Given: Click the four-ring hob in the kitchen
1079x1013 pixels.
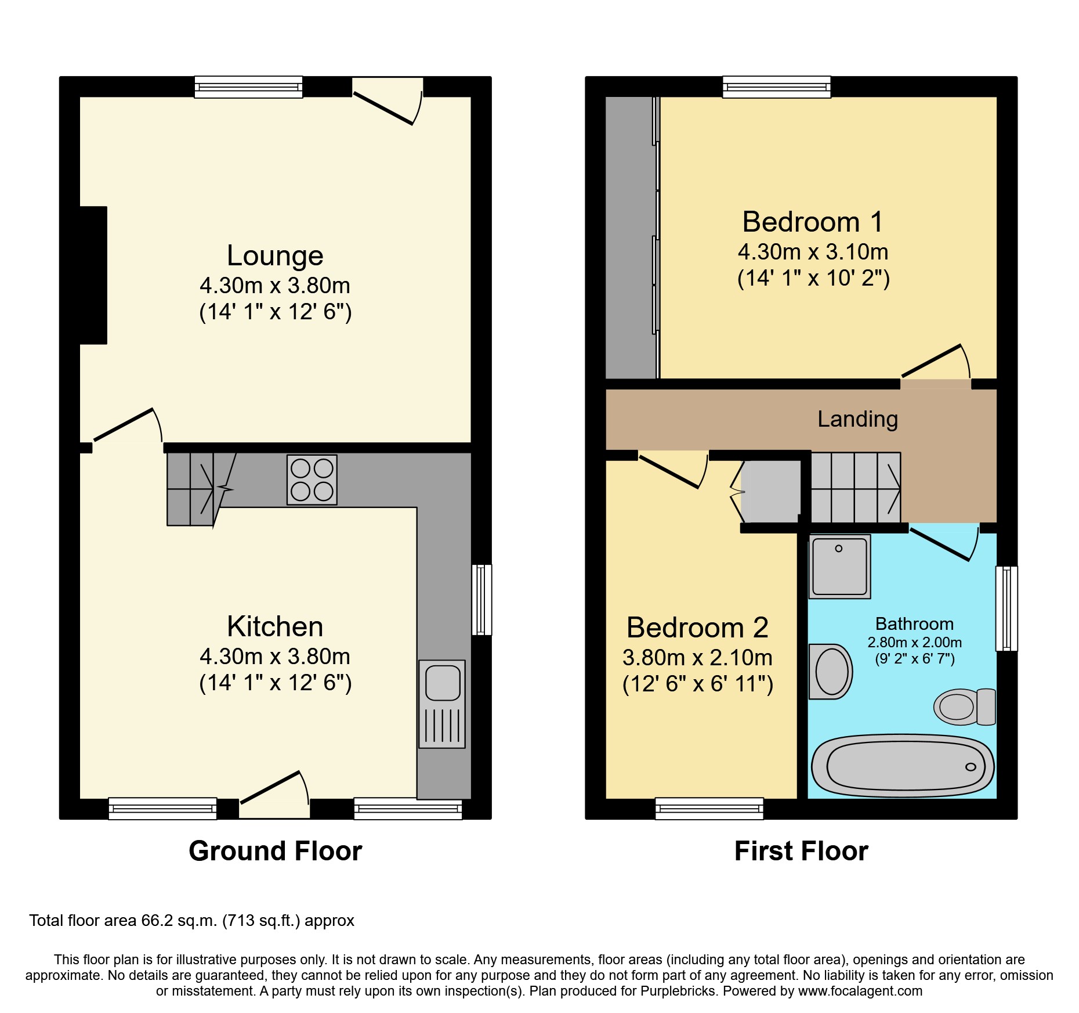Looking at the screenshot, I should [x=312, y=480].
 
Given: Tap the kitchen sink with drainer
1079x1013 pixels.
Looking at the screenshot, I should [x=442, y=704].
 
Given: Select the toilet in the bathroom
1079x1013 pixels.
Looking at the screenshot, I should [x=964, y=707].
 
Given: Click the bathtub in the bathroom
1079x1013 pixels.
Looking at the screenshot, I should [x=903, y=766].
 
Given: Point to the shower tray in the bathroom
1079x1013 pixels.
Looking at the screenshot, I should [x=839, y=567].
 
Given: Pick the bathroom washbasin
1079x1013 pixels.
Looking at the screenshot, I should [x=831, y=672].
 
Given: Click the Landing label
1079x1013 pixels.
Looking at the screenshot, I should [x=857, y=419].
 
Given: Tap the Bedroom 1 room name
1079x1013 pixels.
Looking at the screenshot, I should [x=812, y=222].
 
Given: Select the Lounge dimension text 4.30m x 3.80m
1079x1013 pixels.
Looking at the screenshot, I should [x=275, y=286].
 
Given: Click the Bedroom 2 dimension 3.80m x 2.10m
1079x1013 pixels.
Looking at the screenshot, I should [x=697, y=658].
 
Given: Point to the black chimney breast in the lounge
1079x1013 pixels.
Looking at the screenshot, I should [x=93, y=275].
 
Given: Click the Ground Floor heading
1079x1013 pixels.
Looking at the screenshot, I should [x=275, y=851].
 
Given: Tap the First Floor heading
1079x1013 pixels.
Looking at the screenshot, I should [x=801, y=851].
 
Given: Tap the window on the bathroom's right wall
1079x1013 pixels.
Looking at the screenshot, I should [x=1006, y=608].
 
